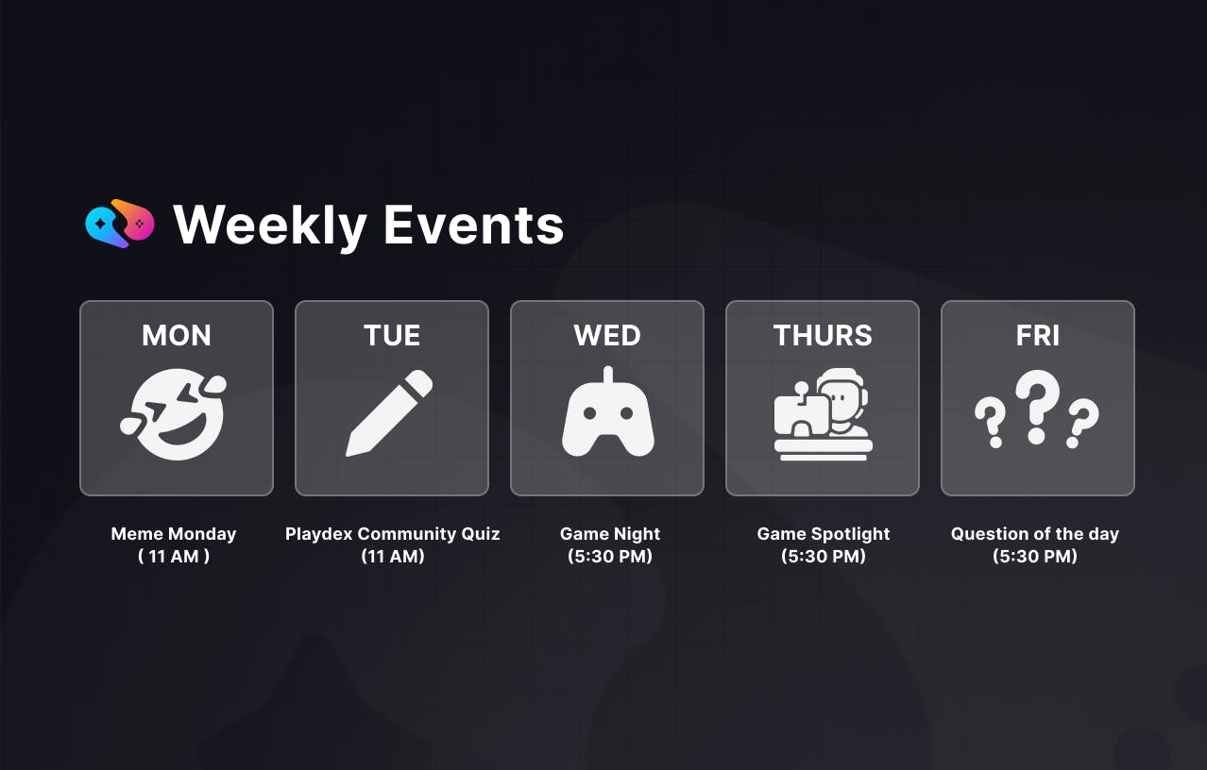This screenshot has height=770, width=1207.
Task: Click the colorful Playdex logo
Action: tap(120, 224)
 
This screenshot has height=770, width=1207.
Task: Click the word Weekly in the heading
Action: tap(270, 226)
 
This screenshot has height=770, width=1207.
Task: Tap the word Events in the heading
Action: tap(473, 226)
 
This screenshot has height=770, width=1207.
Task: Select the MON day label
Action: tap(177, 336)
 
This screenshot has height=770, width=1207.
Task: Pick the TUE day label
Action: tap(392, 336)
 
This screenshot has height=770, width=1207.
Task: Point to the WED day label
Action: tap(607, 336)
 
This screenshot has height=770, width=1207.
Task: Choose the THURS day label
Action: tap(823, 336)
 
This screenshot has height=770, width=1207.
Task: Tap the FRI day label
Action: tap(1038, 336)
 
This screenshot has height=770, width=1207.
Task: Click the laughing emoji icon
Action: tap(174, 414)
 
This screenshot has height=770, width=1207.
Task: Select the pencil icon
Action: tap(389, 413)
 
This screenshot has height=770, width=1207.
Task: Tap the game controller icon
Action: tap(608, 412)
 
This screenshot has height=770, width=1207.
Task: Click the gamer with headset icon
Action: tap(823, 414)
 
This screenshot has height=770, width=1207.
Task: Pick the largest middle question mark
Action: tap(1037, 407)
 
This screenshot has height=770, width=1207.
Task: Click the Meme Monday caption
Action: tap(174, 533)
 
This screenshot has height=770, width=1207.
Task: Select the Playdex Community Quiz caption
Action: tap(392, 533)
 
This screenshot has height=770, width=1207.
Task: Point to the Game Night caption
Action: tap(610, 533)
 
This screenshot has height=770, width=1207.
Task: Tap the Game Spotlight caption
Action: tap(824, 533)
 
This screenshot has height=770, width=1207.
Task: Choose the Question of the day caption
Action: tap(1035, 533)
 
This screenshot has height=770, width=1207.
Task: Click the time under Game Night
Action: tap(610, 556)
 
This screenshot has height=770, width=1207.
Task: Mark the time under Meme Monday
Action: tap(174, 556)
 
